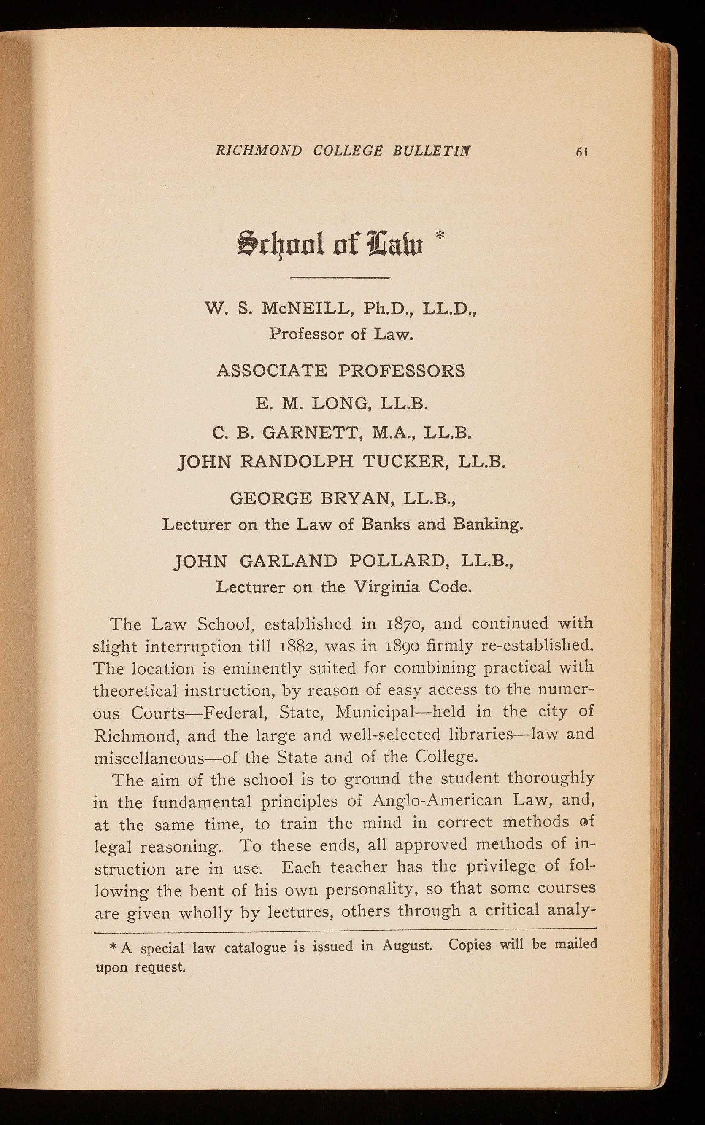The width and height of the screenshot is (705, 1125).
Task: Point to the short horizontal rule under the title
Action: (x=340, y=278)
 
